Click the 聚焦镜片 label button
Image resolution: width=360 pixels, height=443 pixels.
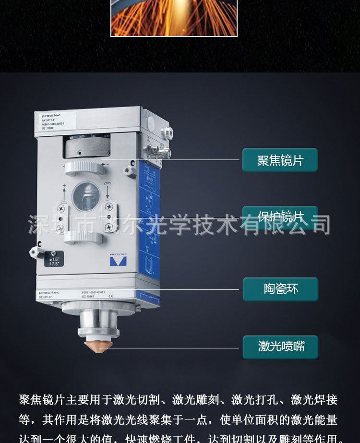(280, 160)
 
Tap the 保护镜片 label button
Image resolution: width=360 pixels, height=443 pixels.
(280, 217)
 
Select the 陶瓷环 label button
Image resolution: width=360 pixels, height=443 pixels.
(280, 289)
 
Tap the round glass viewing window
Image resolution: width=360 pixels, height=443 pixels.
(86, 196)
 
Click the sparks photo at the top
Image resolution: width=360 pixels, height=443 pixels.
(174, 18)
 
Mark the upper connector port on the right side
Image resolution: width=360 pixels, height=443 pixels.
(167, 132)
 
